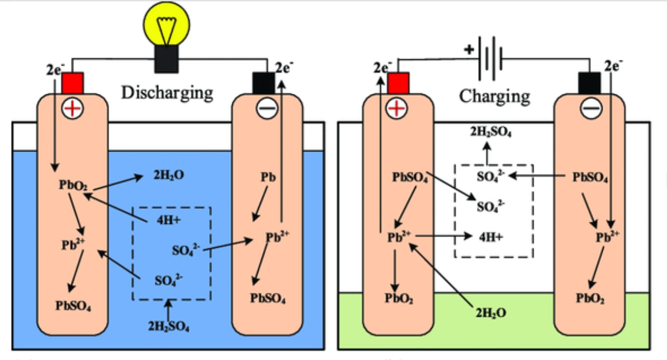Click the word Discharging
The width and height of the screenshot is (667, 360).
[x=167, y=92]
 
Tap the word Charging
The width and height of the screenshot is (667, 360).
[x=494, y=96]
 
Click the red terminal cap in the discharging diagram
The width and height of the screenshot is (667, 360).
[x=72, y=83]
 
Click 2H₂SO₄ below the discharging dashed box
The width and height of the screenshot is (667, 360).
[x=169, y=326]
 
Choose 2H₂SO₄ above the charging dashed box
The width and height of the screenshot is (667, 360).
[x=491, y=132]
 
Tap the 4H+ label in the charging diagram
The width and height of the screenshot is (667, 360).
[x=491, y=236]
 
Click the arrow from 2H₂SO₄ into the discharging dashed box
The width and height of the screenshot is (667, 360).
[x=169, y=309]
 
